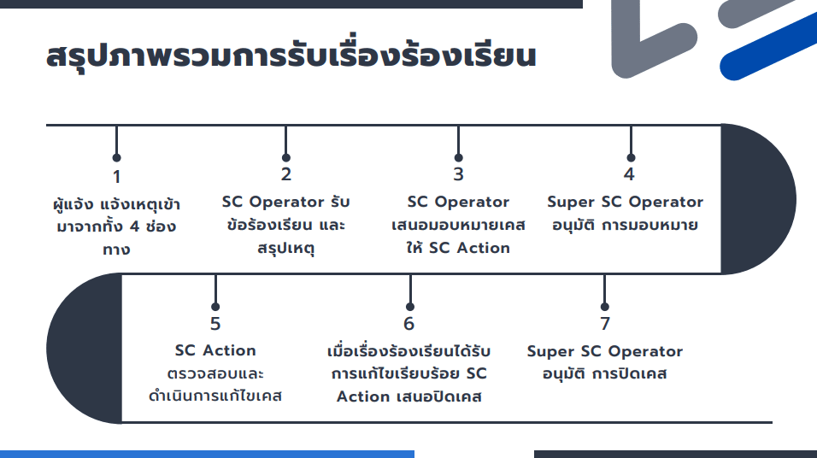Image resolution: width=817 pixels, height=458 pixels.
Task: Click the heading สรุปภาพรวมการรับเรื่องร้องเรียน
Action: pyautogui.click(x=291, y=56)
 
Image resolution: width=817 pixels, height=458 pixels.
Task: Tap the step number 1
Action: pyautogui.click(x=117, y=177)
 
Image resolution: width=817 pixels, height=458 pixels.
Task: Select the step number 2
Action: pyautogui.click(x=286, y=174)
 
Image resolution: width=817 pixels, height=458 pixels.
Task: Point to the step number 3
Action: pyautogui.click(x=459, y=174)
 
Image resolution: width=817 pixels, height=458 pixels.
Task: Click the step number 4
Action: pyautogui.click(x=630, y=174)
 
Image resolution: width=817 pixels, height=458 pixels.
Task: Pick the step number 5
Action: pyautogui.click(x=215, y=324)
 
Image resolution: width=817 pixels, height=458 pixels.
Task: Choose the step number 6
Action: pyautogui.click(x=409, y=324)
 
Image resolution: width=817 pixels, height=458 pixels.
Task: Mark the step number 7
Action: pyautogui.click(x=605, y=324)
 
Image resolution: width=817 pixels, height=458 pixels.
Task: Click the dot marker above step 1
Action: pyautogui.click(x=117, y=157)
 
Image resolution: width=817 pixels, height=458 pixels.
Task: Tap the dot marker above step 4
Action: pyautogui.click(x=631, y=157)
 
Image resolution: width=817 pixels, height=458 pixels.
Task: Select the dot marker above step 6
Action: pyautogui.click(x=410, y=307)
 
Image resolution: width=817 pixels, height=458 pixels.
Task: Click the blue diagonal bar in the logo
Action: pyautogui.click(x=768, y=46)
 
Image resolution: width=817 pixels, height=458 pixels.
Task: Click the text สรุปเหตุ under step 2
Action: pyautogui.click(x=286, y=248)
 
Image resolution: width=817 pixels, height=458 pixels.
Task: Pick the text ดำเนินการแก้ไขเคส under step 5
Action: pyautogui.click(x=215, y=396)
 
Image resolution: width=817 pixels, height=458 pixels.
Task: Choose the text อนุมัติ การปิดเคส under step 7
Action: pyautogui.click(x=605, y=373)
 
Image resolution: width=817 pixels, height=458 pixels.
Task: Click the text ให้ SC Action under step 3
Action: pyautogui.click(x=459, y=248)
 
